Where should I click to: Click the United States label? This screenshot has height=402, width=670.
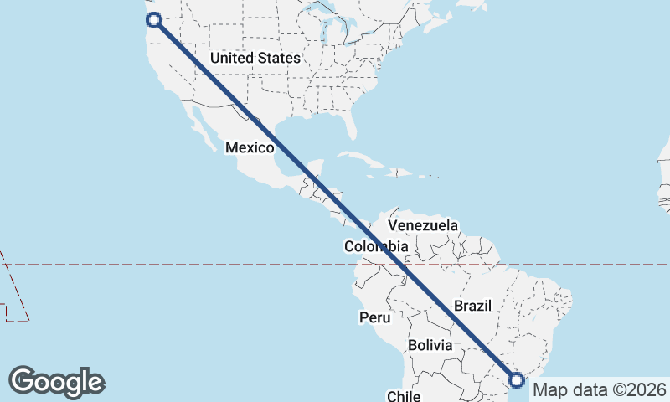click(255, 58)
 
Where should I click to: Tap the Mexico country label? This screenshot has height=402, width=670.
click(250, 148)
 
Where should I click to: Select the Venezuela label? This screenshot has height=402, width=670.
click(423, 225)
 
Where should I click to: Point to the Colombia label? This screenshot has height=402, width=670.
click(376, 246)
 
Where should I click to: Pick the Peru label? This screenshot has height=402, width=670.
click(374, 318)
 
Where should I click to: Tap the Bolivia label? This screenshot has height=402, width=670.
click(430, 345)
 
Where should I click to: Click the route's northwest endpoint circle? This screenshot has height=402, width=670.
click(152, 20)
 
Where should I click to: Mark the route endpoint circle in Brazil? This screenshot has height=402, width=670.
click(517, 379)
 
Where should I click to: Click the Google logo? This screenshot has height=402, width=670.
click(56, 382)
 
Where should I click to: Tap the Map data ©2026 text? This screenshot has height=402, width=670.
click(600, 389)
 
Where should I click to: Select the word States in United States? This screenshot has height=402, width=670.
click(279, 58)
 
